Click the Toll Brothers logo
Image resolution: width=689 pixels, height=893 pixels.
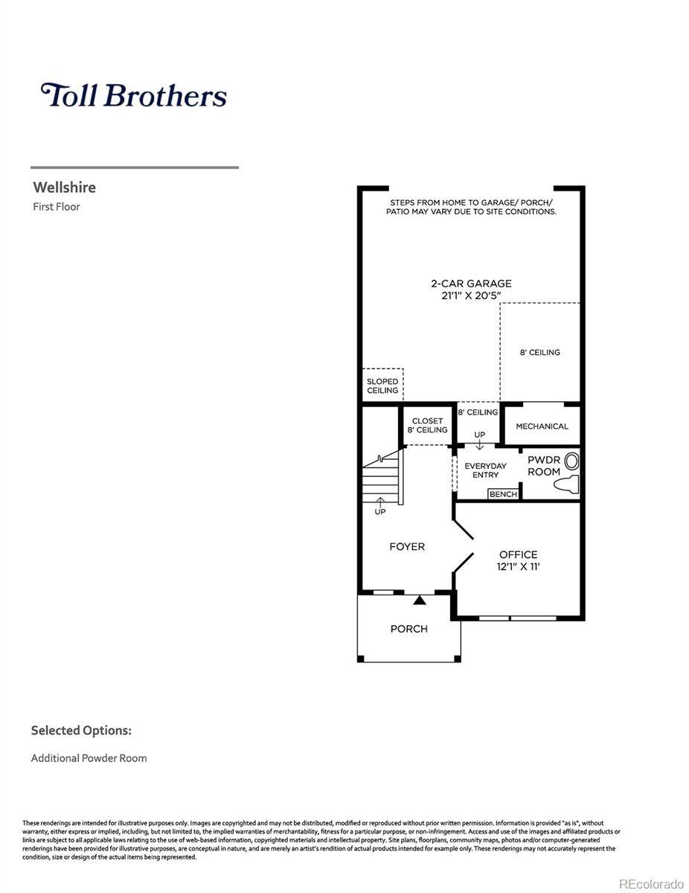tap(134, 95)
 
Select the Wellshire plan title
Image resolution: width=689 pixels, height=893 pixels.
tap(64, 188)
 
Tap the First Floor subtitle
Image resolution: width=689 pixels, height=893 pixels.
tap(56, 207)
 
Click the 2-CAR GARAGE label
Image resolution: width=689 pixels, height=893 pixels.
tap(471, 284)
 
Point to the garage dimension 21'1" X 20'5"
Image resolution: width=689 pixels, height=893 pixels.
tap(471, 296)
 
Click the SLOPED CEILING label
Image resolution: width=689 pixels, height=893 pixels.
tap(382, 386)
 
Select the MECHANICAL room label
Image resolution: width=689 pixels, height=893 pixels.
tap(542, 426)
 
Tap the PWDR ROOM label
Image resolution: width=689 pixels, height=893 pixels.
tap(544, 466)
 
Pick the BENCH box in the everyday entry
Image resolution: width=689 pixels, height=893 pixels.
tap(503, 494)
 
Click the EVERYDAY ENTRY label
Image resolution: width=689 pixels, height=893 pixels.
tap(485, 470)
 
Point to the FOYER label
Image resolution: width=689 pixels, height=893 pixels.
tap(407, 547)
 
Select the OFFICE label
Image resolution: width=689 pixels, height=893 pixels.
tap(518, 554)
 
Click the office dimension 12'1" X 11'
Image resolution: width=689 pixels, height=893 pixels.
tap(518, 566)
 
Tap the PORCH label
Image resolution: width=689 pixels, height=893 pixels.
tap(409, 629)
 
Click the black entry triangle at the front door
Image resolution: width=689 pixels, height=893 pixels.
tap(420, 599)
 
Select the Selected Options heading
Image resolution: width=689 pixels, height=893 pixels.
tap(81, 731)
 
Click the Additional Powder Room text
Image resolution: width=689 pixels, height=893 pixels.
tap(89, 758)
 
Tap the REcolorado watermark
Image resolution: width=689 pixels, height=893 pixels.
tap(651, 883)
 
